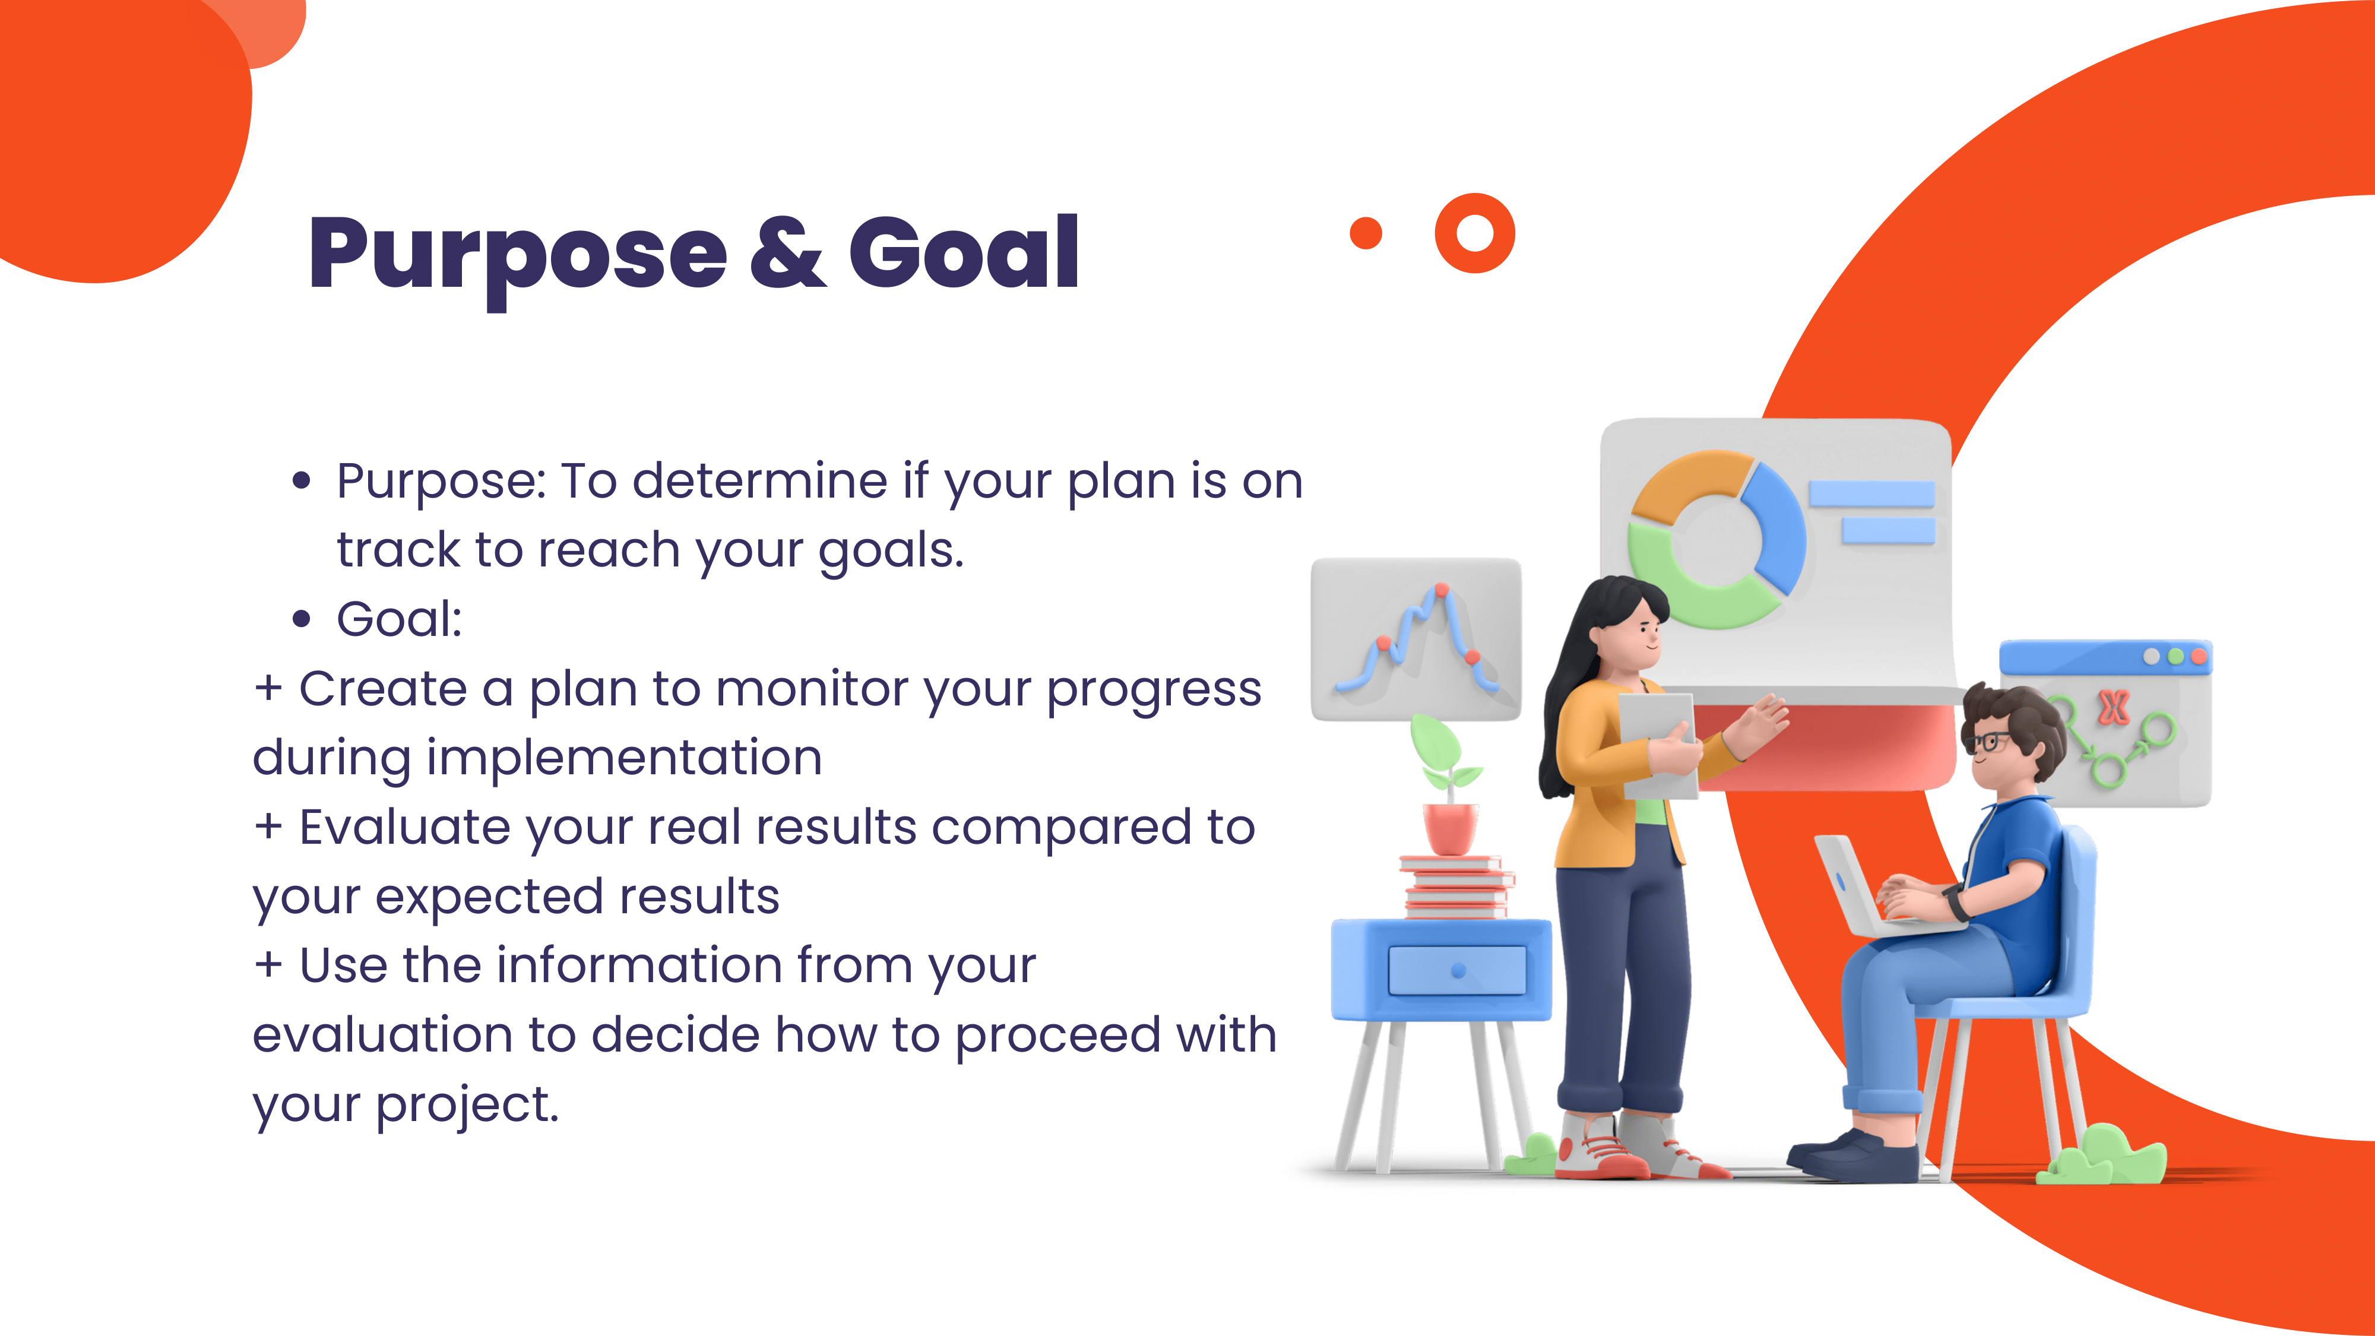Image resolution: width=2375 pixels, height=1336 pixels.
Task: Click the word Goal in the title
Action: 964,252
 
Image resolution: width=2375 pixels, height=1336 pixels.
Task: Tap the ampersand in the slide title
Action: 788,252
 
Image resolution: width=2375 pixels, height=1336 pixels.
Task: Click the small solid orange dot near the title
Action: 1366,233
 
